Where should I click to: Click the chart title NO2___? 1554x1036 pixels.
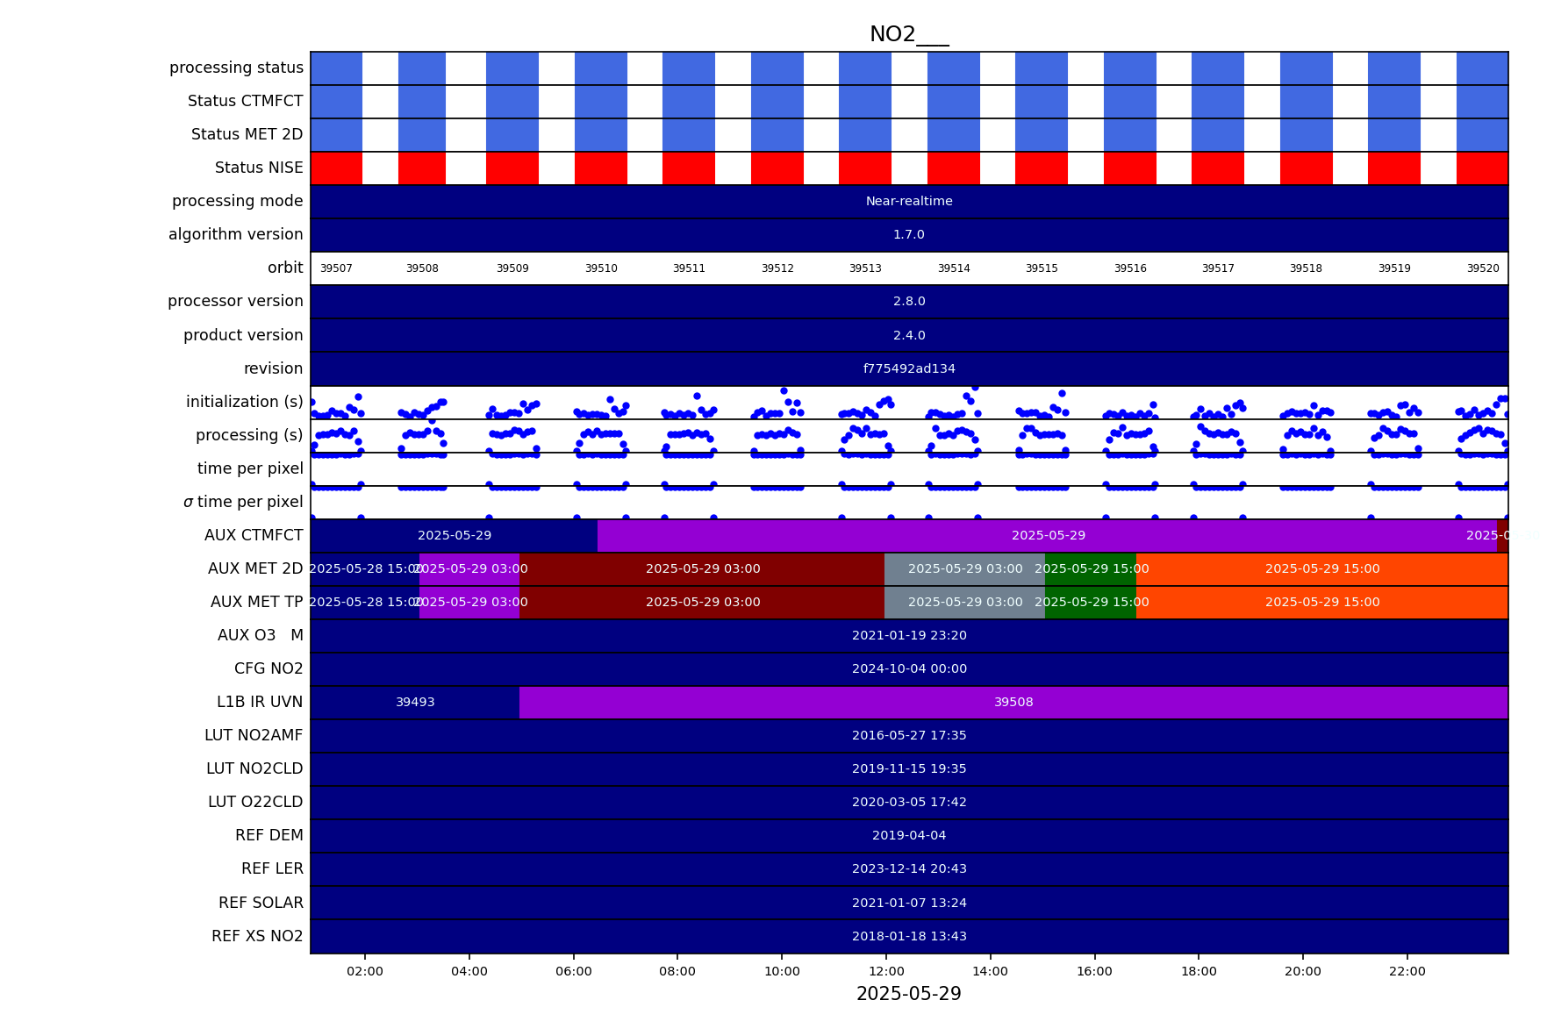coord(908,35)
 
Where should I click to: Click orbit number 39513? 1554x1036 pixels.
coord(865,268)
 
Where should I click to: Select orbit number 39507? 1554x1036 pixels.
coord(336,268)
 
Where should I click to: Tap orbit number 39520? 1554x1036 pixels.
coord(1483,268)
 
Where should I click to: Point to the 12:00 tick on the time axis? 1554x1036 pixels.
coord(886,971)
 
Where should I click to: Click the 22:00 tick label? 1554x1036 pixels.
coord(1407,971)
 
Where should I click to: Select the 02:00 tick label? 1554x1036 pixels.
coord(365,971)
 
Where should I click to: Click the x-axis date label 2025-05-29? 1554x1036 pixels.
coord(908,994)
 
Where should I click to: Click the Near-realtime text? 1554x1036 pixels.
coord(909,202)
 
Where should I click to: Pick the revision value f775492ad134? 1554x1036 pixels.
coord(909,369)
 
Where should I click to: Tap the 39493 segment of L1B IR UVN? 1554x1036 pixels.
coord(415,703)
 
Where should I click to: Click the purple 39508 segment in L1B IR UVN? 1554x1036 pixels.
coord(1013,703)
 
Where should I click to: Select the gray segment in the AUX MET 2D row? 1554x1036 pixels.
coord(964,569)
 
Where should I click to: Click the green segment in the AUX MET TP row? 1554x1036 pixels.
coord(1091,603)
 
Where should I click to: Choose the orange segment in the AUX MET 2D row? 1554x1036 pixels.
coord(1321,569)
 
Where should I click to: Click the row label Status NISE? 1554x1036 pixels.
coord(259,168)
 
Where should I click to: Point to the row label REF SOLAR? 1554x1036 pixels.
coord(261,903)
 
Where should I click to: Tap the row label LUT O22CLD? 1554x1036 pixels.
coord(255,802)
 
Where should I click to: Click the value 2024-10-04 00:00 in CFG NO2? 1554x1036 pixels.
coord(909,669)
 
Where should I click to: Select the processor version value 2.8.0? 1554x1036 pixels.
coord(909,302)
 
